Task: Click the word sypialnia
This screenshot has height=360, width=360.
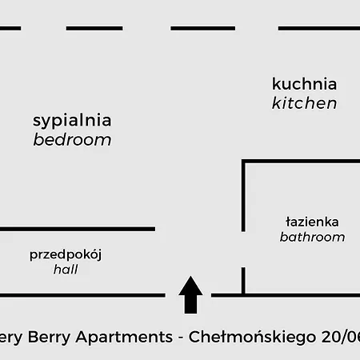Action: (72, 121)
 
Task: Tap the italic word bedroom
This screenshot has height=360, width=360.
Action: (72, 140)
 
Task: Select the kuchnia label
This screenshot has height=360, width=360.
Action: (304, 84)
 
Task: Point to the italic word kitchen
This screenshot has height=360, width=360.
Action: (304, 103)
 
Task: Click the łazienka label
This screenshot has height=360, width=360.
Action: (312, 222)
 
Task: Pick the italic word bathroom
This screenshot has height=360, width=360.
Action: (312, 237)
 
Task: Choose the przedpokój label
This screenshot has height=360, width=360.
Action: (66, 255)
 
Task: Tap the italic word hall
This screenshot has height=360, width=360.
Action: (66, 270)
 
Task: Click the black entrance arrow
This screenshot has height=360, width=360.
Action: (190, 294)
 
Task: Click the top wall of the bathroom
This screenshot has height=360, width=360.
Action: (301, 162)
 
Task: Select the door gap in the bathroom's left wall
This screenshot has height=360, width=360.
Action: (243, 250)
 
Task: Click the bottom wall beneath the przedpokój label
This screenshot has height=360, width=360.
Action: (80, 295)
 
